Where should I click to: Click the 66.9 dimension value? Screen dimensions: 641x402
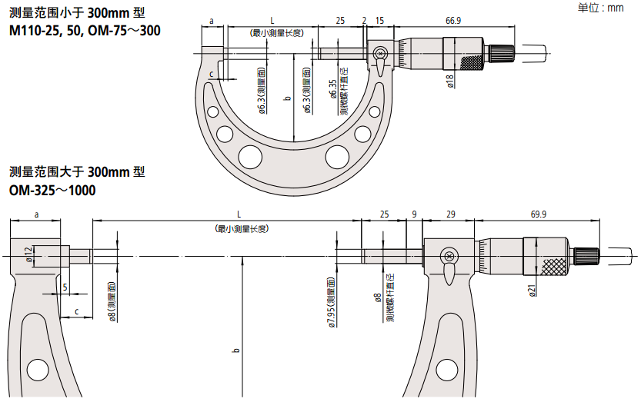(453, 21)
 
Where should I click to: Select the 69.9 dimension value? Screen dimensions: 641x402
(538, 214)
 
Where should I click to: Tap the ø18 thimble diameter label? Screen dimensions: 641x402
(450, 81)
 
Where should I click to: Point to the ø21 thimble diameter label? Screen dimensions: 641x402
(532, 289)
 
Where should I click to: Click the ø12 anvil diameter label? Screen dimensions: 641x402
(28, 254)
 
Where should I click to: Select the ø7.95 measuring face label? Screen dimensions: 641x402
(331, 303)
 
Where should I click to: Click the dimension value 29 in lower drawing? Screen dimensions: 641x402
(450, 214)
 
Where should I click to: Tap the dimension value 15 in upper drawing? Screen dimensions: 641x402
(379, 21)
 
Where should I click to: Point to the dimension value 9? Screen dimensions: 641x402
(414, 214)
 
